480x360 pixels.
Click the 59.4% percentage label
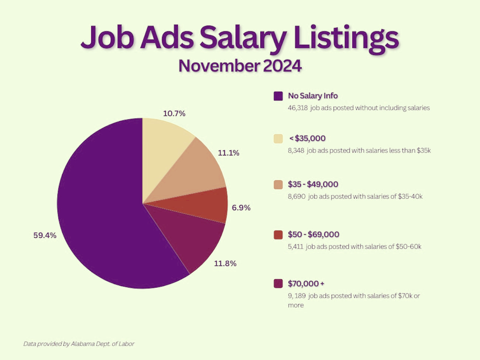[45, 235]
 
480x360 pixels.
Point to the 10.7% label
[174, 113]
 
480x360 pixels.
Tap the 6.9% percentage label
[241, 208]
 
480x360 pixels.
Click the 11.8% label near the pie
[225, 263]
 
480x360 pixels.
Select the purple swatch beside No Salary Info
[278, 96]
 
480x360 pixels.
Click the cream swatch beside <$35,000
[278, 138]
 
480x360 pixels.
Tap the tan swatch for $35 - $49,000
[278, 185]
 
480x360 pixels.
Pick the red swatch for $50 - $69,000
[278, 234]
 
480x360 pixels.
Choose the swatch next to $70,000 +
[278, 284]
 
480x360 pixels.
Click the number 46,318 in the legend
[298, 108]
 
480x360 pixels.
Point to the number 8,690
[296, 196]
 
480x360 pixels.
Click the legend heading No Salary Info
[313, 96]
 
